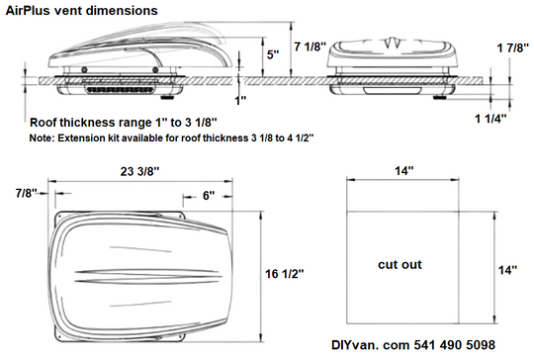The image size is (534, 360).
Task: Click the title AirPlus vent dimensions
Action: (x=82, y=11)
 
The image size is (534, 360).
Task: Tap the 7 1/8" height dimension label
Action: (x=311, y=46)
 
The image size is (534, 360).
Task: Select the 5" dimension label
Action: (x=273, y=54)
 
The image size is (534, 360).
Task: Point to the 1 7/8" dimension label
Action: (x=513, y=48)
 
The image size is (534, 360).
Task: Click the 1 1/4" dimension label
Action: (x=490, y=119)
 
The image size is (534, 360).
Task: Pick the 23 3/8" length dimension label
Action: (x=140, y=171)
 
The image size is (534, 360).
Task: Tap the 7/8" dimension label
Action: (x=26, y=193)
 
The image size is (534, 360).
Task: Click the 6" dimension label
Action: (x=209, y=196)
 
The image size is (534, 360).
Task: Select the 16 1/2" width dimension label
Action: (x=285, y=274)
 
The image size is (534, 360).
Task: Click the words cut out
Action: (x=400, y=265)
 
